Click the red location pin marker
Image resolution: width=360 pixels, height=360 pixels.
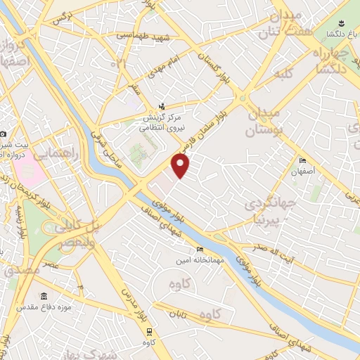click(x=181, y=166)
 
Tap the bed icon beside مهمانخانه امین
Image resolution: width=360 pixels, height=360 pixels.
click(x=200, y=249)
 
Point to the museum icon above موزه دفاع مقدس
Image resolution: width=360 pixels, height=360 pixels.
click(x=44, y=296)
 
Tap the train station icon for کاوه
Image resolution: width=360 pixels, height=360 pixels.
click(x=149, y=331)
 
